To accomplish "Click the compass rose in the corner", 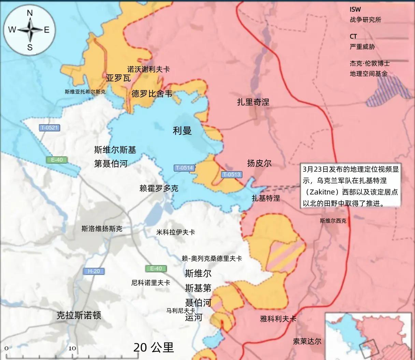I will coord(30,30).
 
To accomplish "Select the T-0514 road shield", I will coord(184,168).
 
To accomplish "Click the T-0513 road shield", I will coord(231,175).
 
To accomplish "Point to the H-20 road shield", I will coord(94,271).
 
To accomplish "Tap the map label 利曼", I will coord(182,131).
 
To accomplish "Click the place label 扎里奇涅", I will coord(253,102).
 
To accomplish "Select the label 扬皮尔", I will coord(259,163).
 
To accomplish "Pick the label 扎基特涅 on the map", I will coord(266,198).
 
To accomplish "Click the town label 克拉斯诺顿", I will coord(79,315).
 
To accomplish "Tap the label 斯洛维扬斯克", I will coord(102,229).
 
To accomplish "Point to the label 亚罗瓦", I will coord(118,78).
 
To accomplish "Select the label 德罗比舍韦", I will coord(152,94).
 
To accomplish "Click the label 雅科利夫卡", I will coord(278,319).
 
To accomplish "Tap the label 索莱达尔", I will coord(307,341).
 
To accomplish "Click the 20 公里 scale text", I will coord(154,347).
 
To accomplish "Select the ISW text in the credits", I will coord(355,10).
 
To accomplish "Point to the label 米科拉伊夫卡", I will coord(175,232).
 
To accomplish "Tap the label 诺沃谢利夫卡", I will coord(148,69).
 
